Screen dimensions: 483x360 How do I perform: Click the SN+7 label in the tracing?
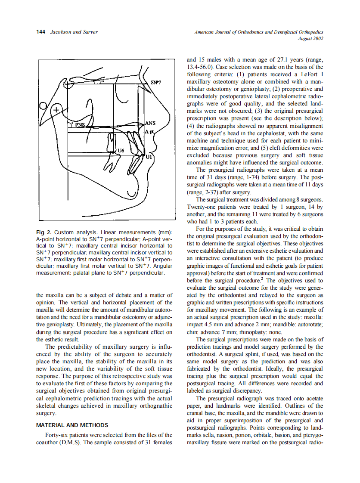pos(155,82)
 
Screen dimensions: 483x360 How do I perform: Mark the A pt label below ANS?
pos(150,130)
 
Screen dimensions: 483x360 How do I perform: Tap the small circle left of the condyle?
pos(43,106)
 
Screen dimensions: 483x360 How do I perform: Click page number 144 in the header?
pos(40,32)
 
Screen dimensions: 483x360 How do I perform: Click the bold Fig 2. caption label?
pos(44,232)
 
